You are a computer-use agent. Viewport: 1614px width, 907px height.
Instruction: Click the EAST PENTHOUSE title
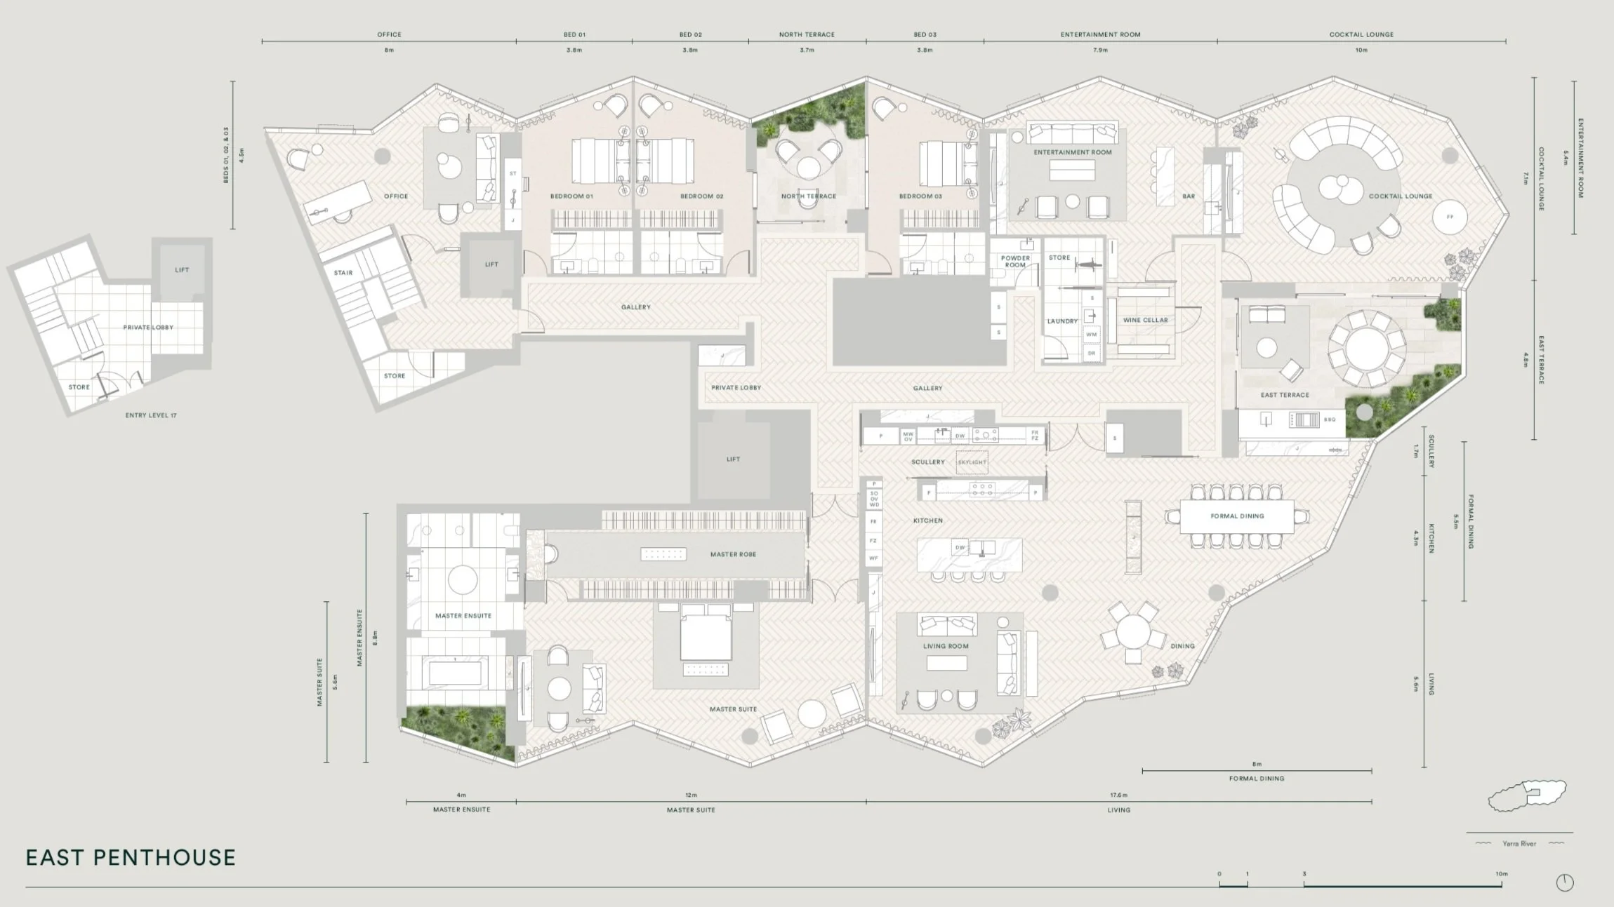coord(131,857)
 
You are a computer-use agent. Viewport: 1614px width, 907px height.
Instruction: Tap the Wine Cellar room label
coord(1145,320)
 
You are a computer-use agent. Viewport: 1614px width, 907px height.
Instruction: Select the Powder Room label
coord(1015,261)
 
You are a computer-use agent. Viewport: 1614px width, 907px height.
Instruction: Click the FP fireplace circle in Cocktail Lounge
coord(1450,217)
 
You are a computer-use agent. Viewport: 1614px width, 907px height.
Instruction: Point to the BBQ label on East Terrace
coord(1330,419)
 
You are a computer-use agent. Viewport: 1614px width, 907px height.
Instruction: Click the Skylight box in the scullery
coord(972,462)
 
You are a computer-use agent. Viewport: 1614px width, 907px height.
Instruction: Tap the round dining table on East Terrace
coord(1365,349)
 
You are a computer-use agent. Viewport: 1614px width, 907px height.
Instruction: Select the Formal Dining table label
coord(1237,516)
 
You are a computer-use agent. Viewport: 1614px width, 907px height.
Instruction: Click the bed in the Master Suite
coord(706,635)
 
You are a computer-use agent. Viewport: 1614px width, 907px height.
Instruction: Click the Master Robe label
coord(733,554)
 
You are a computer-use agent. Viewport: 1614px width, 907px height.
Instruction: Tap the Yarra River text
coord(1519,844)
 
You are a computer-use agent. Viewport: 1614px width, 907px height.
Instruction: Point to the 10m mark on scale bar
coord(1501,874)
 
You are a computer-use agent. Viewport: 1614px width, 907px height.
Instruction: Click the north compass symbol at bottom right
coord(1565,882)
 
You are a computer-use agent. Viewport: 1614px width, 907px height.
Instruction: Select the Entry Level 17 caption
coord(151,415)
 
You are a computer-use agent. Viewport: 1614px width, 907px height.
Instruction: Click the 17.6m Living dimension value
coord(1118,795)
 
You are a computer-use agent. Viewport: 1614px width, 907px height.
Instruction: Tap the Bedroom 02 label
coord(701,196)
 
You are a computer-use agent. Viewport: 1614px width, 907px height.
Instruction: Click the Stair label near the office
coord(343,273)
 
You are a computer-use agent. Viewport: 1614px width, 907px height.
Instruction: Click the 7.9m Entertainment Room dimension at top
coord(1100,51)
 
